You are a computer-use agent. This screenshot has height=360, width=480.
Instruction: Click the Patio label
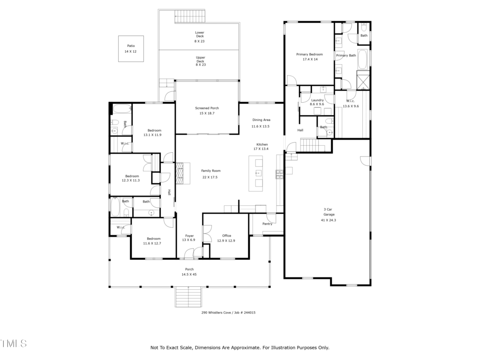pyautogui.click(x=131, y=46)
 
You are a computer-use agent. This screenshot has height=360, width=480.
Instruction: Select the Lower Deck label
pyautogui.click(x=200, y=34)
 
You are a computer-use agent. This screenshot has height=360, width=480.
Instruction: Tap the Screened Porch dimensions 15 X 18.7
pyautogui.click(x=207, y=113)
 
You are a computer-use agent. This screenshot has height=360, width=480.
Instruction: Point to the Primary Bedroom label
pyautogui.click(x=309, y=54)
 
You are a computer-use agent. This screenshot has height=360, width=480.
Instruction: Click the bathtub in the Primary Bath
pyautogui.click(x=363, y=59)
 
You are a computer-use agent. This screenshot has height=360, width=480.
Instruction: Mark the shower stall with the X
pyautogui.click(x=363, y=81)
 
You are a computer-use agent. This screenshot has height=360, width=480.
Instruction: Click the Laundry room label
pyautogui.click(x=317, y=100)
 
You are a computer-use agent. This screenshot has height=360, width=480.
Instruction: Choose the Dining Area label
pyautogui.click(x=262, y=120)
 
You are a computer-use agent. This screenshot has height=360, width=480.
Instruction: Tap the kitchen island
pyautogui.click(x=255, y=173)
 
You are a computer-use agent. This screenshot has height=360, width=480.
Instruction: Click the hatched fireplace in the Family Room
pyautogui.click(x=180, y=173)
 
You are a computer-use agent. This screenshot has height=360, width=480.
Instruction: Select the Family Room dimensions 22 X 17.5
pyautogui.click(x=210, y=177)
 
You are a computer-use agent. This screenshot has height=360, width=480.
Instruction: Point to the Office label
pyautogui.click(x=227, y=236)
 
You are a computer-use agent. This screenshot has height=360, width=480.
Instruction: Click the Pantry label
pyautogui.click(x=267, y=224)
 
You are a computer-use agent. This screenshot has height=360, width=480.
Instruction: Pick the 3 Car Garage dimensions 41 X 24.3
pyautogui.click(x=329, y=220)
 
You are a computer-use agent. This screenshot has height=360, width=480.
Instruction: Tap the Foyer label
pyautogui.click(x=189, y=236)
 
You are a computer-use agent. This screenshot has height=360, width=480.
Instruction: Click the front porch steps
pyautogui.click(x=188, y=297)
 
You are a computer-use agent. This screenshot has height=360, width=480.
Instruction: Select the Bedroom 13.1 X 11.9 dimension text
pyautogui.click(x=152, y=135)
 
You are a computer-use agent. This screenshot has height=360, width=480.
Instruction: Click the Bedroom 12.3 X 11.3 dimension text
pyautogui.click(x=131, y=180)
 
